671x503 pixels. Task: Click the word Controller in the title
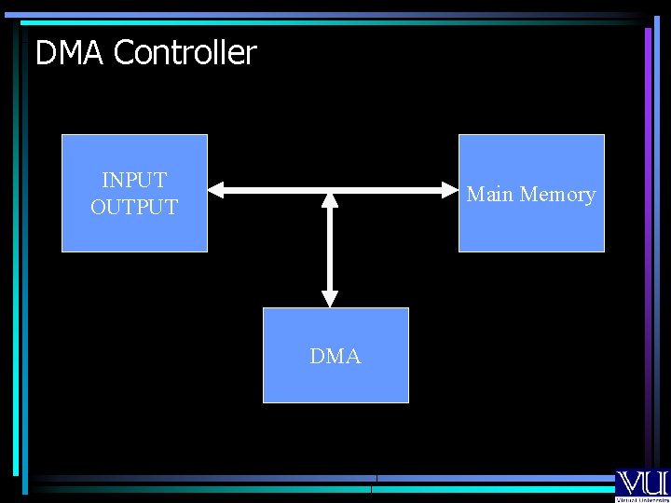tap(185, 53)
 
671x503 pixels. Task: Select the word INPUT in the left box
tap(134, 180)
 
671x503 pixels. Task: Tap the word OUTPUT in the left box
tap(134, 207)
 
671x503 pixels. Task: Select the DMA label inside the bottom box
tap(335, 356)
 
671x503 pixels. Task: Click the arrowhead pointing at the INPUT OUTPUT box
tap(216, 190)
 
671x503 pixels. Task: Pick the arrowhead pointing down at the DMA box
tap(330, 298)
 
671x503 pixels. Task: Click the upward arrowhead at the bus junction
tap(330, 199)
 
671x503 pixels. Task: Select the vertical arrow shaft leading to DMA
tap(330, 248)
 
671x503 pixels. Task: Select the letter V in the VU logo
tap(629, 482)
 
